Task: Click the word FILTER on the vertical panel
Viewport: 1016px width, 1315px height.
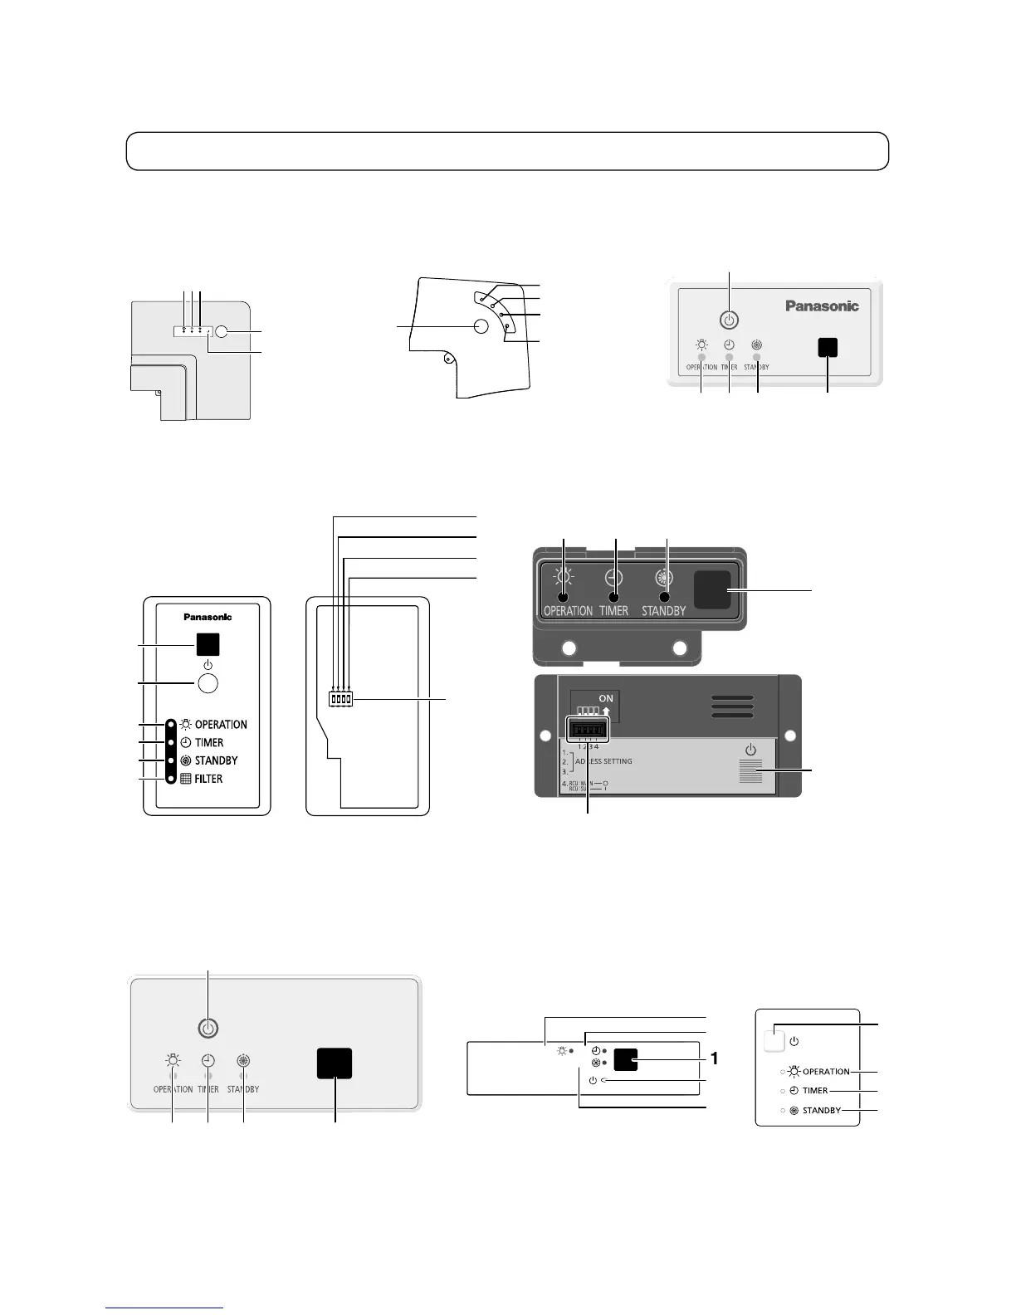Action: coord(208,779)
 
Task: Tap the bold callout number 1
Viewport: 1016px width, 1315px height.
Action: coord(713,1059)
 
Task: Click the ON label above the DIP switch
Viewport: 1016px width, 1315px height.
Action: coord(606,698)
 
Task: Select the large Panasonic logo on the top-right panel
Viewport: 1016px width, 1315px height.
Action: coord(822,306)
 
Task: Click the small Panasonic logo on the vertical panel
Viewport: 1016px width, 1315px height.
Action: coord(208,617)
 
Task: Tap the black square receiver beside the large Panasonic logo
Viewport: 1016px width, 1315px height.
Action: coord(827,348)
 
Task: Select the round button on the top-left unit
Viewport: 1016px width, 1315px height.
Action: coord(222,331)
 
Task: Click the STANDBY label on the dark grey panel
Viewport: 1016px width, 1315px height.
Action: coord(663,611)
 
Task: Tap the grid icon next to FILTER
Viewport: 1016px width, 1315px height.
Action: coord(186,779)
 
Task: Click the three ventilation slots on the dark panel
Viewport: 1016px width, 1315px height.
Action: coord(732,706)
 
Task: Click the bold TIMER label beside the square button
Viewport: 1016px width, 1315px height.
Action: coord(815,1091)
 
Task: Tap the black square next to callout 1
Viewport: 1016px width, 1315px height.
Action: coord(626,1059)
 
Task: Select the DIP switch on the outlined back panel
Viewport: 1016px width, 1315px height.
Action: coord(340,699)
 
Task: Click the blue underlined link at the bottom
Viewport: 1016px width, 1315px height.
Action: coord(164,1308)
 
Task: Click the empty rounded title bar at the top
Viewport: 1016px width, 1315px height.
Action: coord(507,151)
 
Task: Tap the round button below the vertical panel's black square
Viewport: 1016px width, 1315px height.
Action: coord(208,682)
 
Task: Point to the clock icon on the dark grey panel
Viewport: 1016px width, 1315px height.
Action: coord(613,578)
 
